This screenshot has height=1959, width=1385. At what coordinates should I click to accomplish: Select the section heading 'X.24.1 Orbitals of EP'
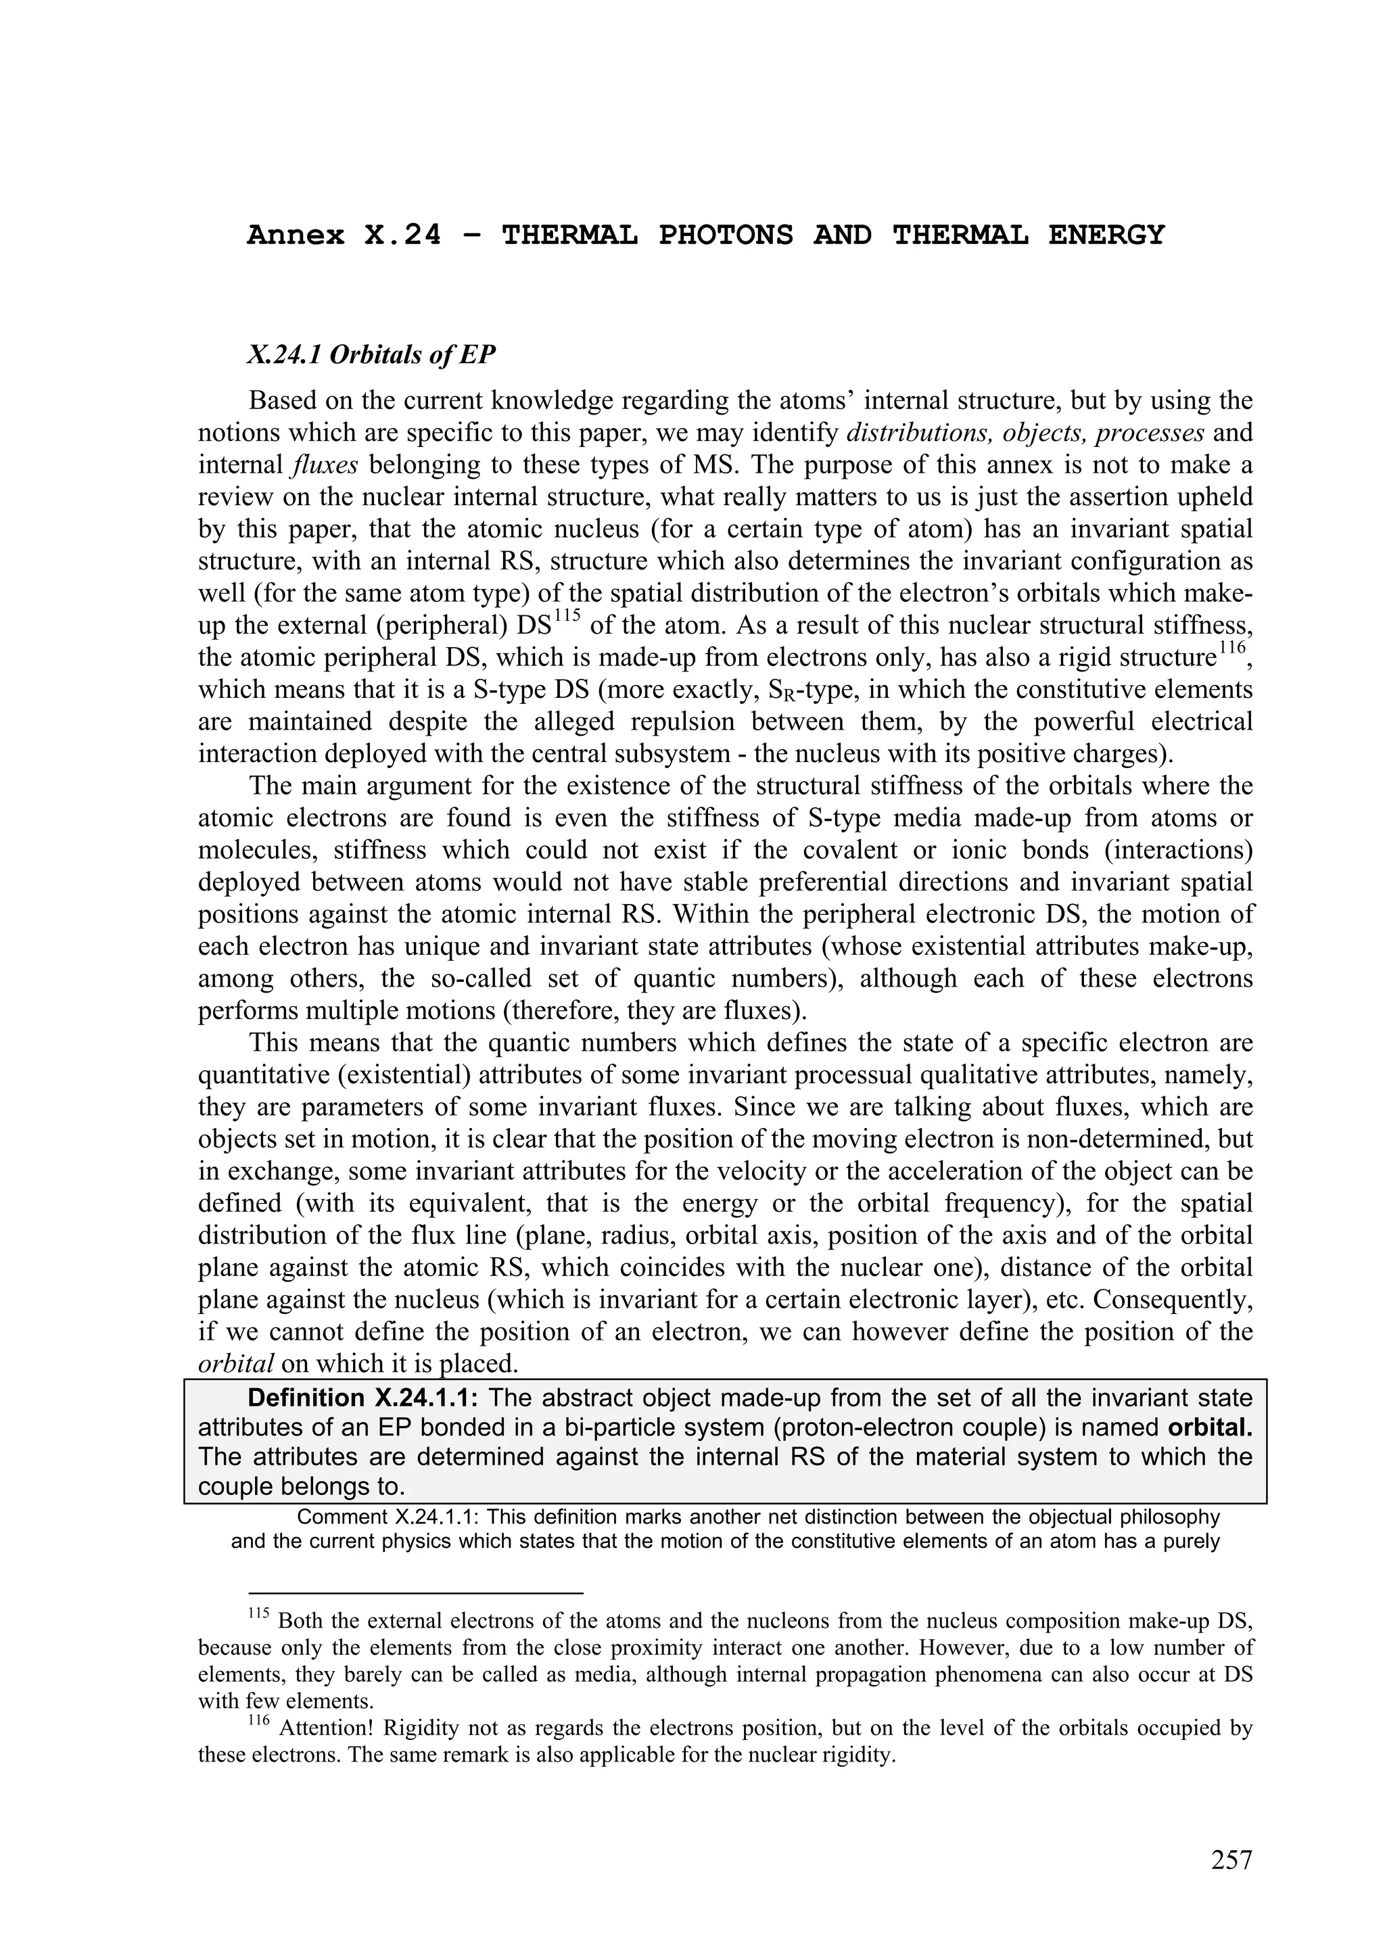371,355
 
